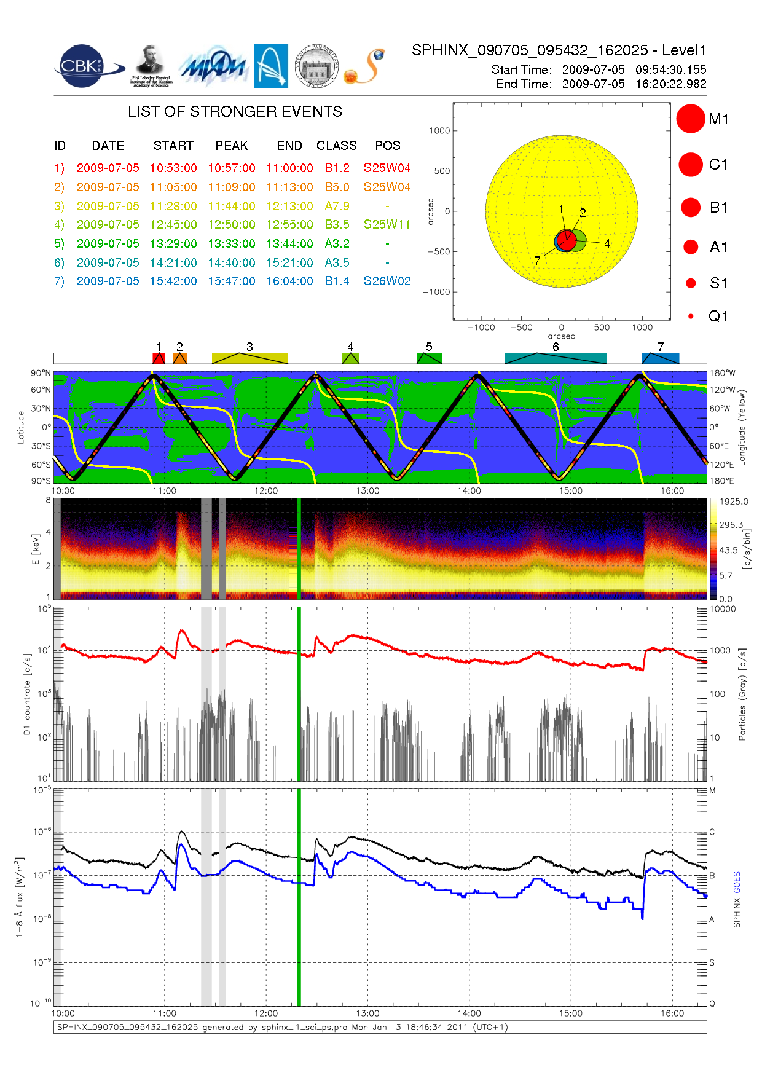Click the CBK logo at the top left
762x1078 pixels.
click(x=83, y=66)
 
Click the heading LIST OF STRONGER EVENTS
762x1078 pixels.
click(x=235, y=112)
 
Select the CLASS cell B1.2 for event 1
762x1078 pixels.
click(x=337, y=168)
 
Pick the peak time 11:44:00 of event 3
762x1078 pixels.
click(x=232, y=206)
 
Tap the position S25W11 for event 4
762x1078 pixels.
click(x=387, y=224)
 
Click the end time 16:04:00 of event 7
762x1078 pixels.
click(x=289, y=281)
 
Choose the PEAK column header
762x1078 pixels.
click(x=232, y=146)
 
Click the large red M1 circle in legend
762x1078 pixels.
click(x=690, y=119)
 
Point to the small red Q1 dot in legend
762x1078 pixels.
click(x=691, y=317)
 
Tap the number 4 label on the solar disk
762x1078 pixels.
click(x=607, y=244)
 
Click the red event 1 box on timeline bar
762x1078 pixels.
click(x=159, y=358)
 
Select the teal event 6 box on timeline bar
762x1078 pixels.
click(x=556, y=358)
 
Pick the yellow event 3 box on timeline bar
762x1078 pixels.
click(x=249, y=358)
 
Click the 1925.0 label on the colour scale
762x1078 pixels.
click(x=734, y=502)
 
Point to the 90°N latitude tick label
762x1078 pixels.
click(x=41, y=373)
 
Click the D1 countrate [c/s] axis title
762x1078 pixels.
click(x=27, y=694)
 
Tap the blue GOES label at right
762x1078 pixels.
click(x=737, y=883)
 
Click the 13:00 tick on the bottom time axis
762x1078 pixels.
click(x=367, y=1013)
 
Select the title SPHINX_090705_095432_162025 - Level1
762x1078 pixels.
click(x=559, y=50)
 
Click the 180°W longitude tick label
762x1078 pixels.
click(x=722, y=373)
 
